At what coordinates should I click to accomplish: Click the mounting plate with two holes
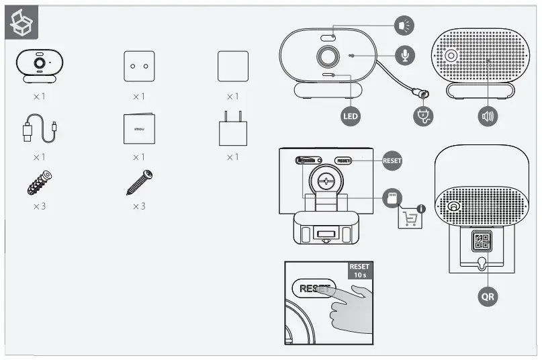[139, 66]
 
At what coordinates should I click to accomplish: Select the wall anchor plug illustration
[40, 182]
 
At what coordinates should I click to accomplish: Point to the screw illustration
[140, 182]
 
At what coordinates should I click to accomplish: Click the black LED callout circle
[351, 117]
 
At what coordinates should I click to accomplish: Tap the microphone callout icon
[404, 55]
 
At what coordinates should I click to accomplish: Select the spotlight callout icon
[404, 26]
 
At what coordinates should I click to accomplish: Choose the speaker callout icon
[488, 117]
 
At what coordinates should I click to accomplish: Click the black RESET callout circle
[392, 161]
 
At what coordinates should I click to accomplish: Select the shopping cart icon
[410, 218]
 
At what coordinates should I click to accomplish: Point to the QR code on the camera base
[482, 240]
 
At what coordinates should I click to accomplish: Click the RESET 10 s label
[359, 271]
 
